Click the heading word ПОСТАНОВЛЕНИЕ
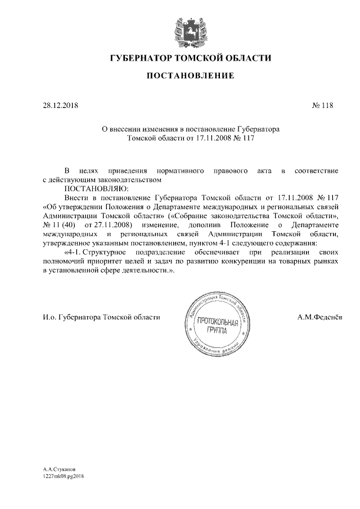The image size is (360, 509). (190, 75)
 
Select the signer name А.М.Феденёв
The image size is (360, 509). (321, 317)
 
